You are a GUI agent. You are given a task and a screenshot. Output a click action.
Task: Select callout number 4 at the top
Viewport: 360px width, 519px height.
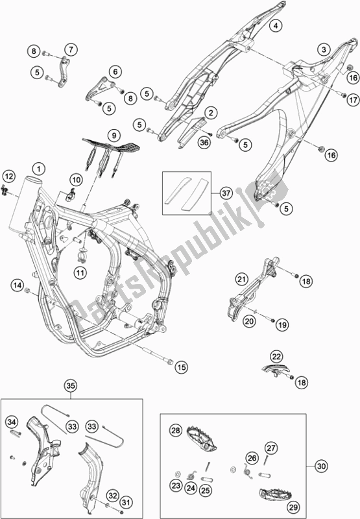point(275,26)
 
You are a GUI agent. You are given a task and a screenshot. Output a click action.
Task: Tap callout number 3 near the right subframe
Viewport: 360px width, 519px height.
point(322,49)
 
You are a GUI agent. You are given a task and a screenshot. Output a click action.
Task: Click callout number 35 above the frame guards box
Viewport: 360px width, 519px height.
point(69,387)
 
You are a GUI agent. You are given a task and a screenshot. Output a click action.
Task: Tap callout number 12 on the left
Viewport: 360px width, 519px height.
point(8,176)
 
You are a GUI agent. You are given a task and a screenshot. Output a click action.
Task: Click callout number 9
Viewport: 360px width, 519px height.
point(112,136)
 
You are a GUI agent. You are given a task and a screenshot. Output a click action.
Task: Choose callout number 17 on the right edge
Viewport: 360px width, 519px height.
point(352,101)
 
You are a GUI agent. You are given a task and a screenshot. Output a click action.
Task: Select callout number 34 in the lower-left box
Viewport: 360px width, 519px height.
point(12,424)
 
